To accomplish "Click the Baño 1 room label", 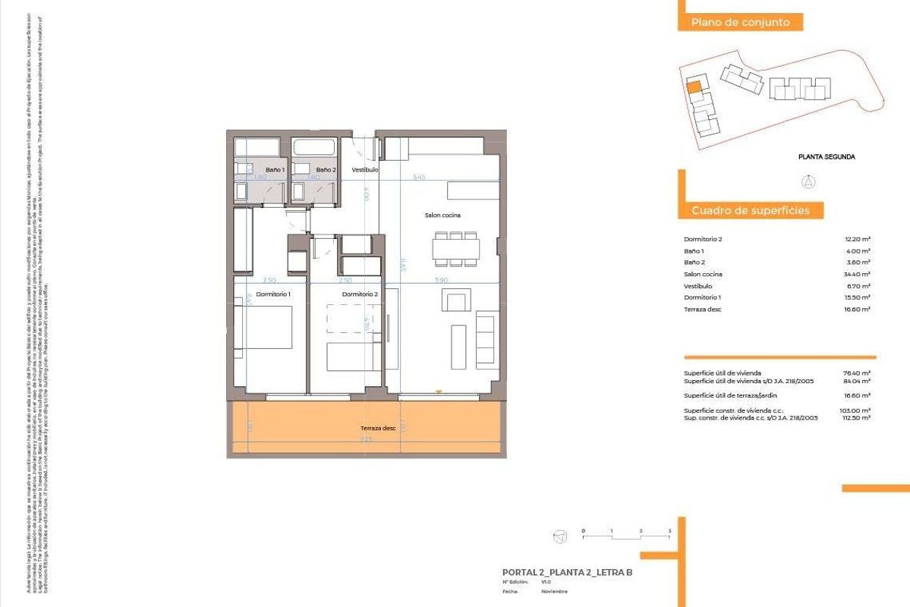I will coord(275,170).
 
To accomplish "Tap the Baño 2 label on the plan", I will coord(326,170).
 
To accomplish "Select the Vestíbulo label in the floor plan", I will coord(364,170).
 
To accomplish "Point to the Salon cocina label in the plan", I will coord(442,215).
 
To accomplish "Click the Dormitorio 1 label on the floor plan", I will coord(273,294).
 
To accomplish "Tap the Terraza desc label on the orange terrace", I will coord(378,428).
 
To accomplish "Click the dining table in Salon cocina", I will coord(456,248).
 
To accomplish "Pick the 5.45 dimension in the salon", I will coord(418,177).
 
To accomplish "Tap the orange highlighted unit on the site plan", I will coord(693,86).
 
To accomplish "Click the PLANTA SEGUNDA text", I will coord(827,157).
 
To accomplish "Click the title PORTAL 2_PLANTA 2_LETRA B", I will coord(567,572).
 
